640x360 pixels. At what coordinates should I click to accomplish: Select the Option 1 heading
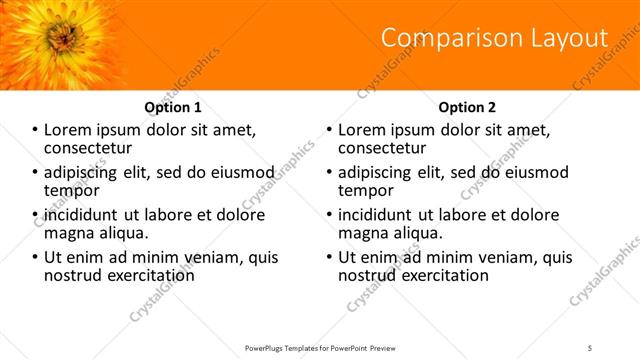(x=172, y=107)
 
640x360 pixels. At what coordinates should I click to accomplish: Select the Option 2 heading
(x=467, y=107)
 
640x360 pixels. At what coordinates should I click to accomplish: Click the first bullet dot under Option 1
(x=36, y=130)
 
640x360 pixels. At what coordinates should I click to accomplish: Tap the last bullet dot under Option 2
(x=330, y=257)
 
